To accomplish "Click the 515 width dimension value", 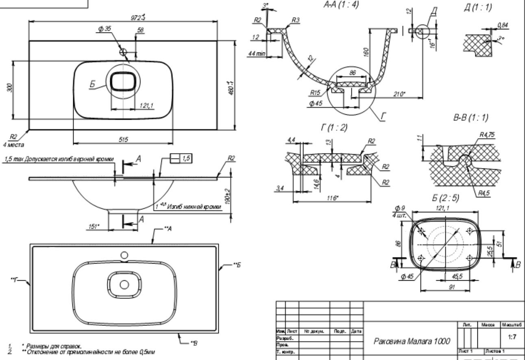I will click(x=123, y=139).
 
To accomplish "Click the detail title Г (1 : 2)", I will click(x=333, y=128).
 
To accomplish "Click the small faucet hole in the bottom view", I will click(x=124, y=255).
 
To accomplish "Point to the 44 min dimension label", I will click(x=256, y=53).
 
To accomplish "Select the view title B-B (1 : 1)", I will click(x=471, y=118).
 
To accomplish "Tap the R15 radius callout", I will click(x=314, y=93).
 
